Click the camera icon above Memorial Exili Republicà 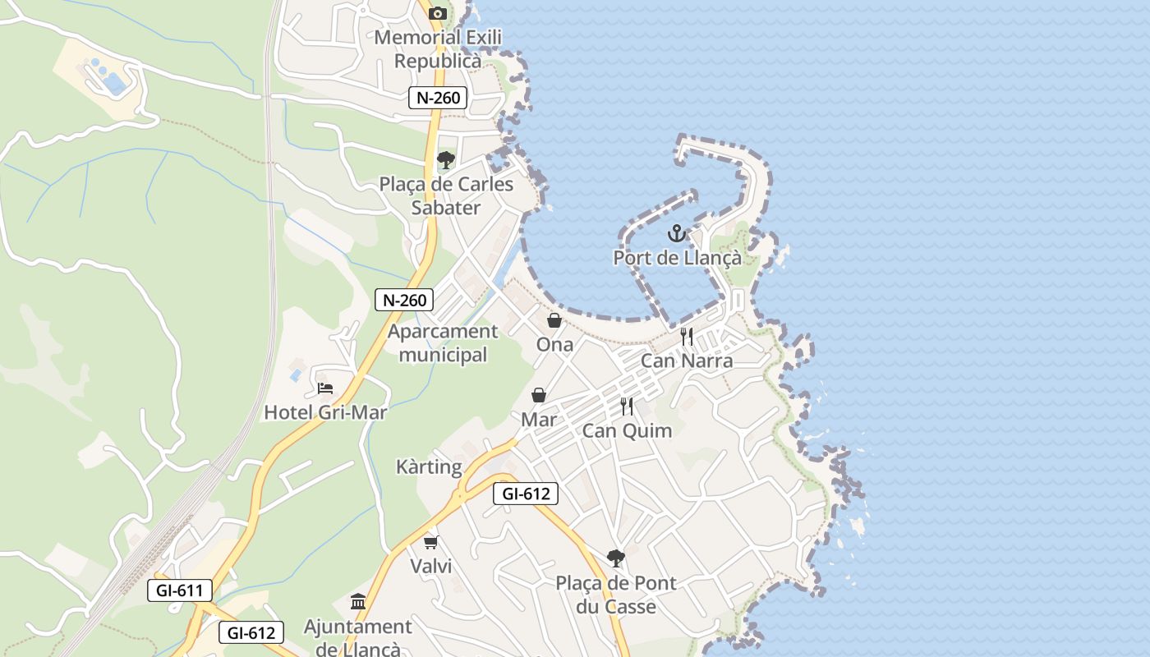point(438,13)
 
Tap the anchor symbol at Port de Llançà point(676,234)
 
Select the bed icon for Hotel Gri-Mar point(325,388)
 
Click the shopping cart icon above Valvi point(431,542)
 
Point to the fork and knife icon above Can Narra point(687,336)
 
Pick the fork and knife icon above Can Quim point(627,406)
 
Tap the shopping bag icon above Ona point(554,320)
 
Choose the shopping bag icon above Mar point(539,395)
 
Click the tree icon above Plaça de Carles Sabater point(446,159)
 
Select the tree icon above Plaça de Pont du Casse point(615,558)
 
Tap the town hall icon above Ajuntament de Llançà point(358,602)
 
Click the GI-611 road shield point(180,590)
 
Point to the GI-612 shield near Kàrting point(526,494)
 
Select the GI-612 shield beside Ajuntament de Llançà point(251,632)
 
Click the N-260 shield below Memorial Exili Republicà point(438,98)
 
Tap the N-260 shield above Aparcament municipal point(404,300)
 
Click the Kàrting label point(429,467)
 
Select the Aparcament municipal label point(443,343)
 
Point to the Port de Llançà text point(677,258)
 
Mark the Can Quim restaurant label point(627,430)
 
